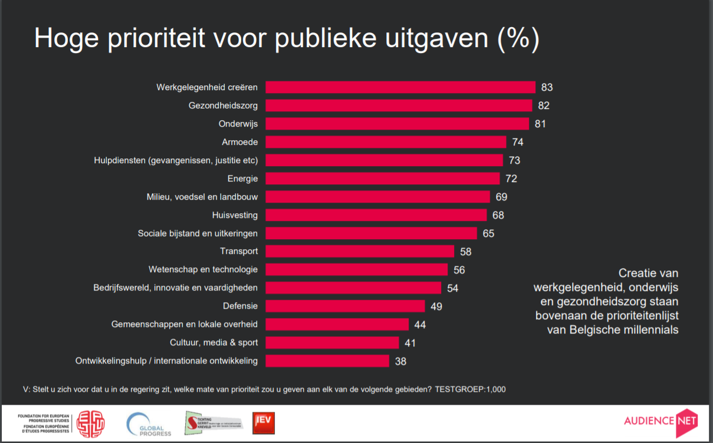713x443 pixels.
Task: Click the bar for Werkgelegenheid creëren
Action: coord(400,87)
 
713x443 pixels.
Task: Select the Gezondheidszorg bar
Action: coord(399,105)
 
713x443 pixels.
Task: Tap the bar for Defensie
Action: coord(345,306)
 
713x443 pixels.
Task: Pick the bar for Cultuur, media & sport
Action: coord(332,342)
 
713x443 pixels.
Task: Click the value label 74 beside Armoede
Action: coord(518,142)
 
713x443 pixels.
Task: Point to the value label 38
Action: coord(400,361)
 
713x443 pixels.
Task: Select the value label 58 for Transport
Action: coord(466,252)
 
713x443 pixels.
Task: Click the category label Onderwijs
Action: coord(238,124)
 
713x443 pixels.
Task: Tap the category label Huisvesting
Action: coord(235,215)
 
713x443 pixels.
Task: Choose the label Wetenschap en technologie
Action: coord(203,269)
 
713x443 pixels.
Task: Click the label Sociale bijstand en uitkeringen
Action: coord(198,233)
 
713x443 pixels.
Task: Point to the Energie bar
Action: coord(382,178)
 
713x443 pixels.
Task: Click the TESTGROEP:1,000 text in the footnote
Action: coord(470,389)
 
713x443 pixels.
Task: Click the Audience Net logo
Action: coord(661,421)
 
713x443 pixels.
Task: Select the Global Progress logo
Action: coord(149,424)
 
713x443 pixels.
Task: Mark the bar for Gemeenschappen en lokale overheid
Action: coord(337,324)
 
